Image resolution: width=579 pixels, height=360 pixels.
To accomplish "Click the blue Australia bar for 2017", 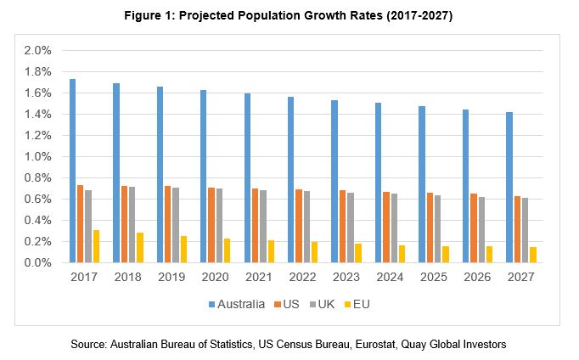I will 73,171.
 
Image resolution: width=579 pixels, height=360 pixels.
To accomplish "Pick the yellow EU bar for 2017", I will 96,246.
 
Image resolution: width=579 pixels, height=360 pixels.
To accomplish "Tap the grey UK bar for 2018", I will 132,224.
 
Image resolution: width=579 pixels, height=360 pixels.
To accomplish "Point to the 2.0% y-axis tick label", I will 37,50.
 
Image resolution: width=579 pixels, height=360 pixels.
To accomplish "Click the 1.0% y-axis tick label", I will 37,156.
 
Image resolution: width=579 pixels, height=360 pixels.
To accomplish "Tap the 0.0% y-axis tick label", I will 37,262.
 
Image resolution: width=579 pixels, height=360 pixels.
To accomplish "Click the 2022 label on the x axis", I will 301,278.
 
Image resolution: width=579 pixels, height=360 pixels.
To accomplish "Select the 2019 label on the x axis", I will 171,278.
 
